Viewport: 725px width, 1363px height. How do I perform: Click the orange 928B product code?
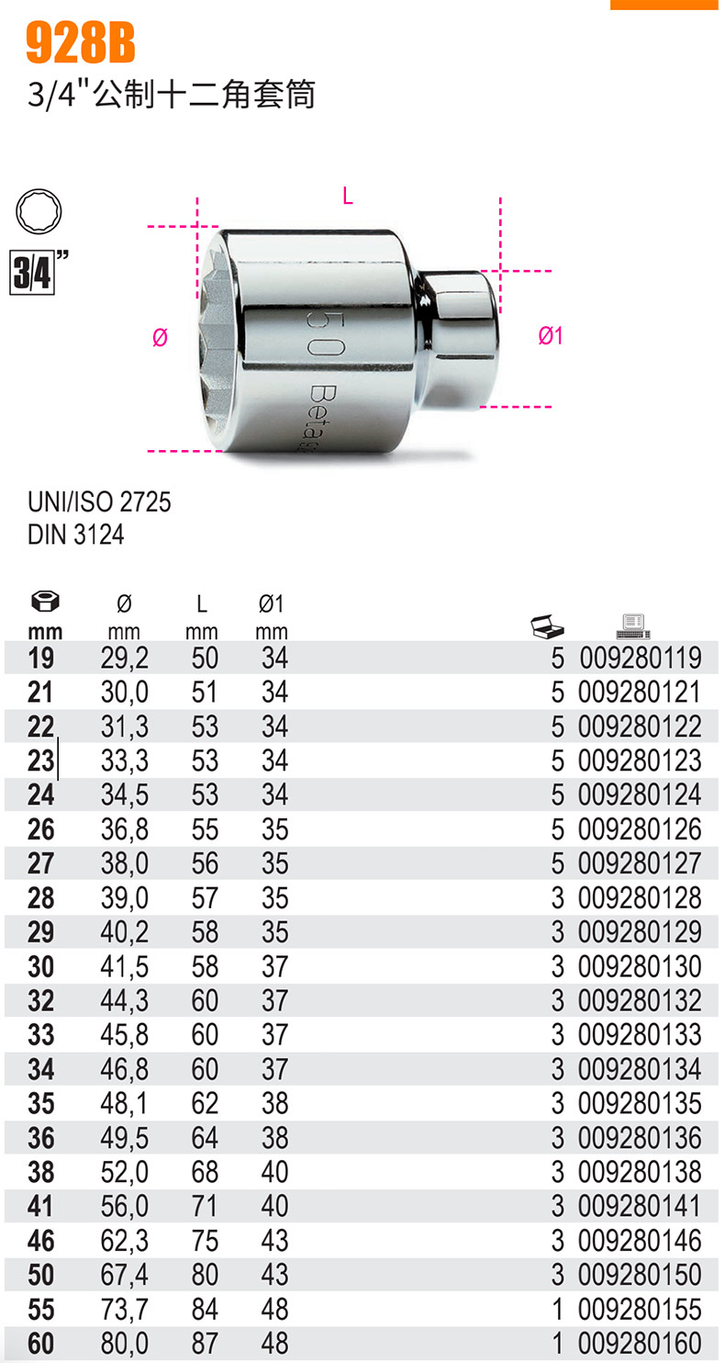[x=80, y=42]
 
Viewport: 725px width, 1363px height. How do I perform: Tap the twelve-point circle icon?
[x=39, y=211]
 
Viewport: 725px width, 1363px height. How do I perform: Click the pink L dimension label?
[x=347, y=196]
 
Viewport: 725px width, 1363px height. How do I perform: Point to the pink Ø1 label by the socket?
[x=551, y=336]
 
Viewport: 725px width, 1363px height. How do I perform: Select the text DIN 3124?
[x=76, y=535]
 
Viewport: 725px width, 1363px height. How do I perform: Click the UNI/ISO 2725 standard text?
[x=99, y=502]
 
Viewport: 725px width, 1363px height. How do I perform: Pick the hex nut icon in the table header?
[x=45, y=602]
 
